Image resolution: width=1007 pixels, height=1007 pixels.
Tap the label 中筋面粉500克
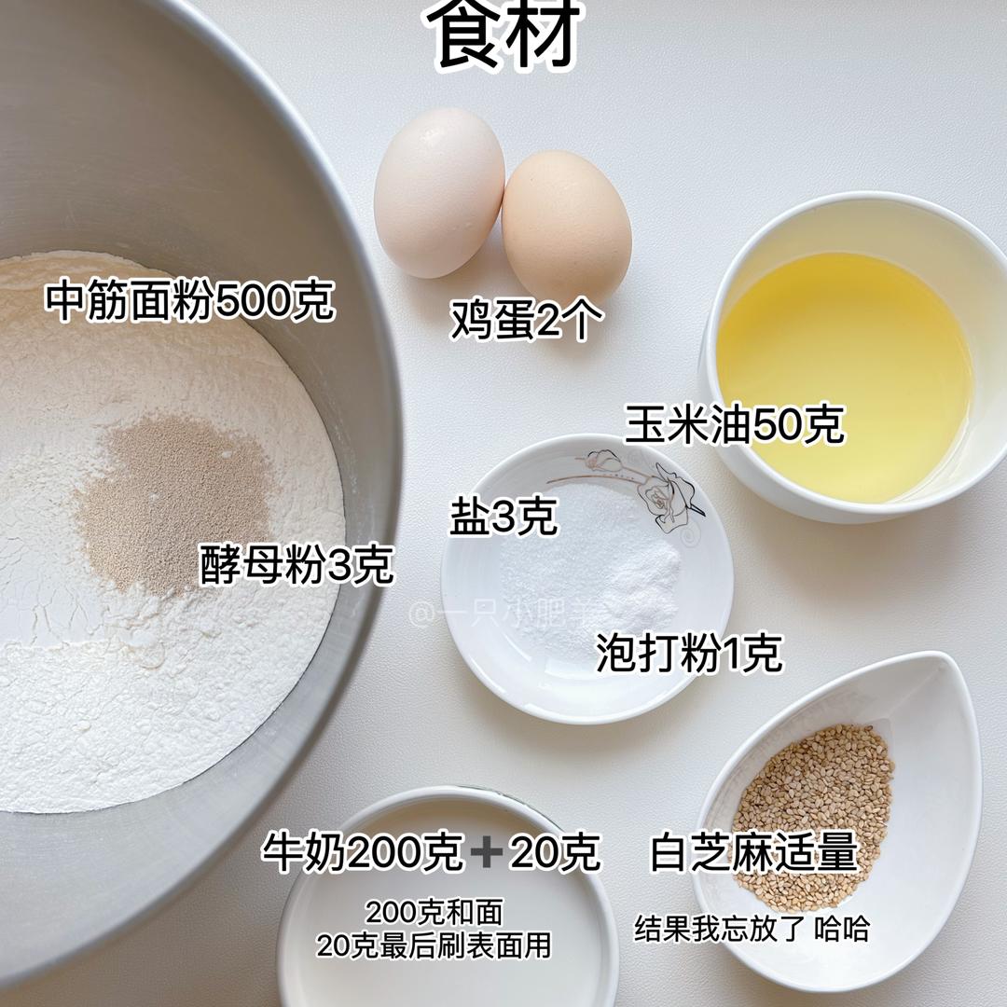click(x=190, y=299)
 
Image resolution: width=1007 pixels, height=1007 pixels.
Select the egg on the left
click(x=438, y=192)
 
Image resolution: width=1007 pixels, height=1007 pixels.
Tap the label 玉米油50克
click(x=734, y=424)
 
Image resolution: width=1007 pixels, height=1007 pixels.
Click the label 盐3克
click(x=503, y=516)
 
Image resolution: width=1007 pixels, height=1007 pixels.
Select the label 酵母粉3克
click(x=297, y=564)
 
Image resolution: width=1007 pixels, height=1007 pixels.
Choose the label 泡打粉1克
click(x=689, y=653)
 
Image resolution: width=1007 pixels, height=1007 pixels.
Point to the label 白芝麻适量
click(x=754, y=851)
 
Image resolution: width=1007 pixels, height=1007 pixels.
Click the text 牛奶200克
click(x=362, y=851)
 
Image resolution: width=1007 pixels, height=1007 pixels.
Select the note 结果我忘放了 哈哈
click(x=752, y=929)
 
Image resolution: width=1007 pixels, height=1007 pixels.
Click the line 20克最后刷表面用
click(x=435, y=945)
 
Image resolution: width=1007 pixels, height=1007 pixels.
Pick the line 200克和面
click(x=435, y=911)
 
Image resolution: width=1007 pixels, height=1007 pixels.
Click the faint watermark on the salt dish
click(x=500, y=614)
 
